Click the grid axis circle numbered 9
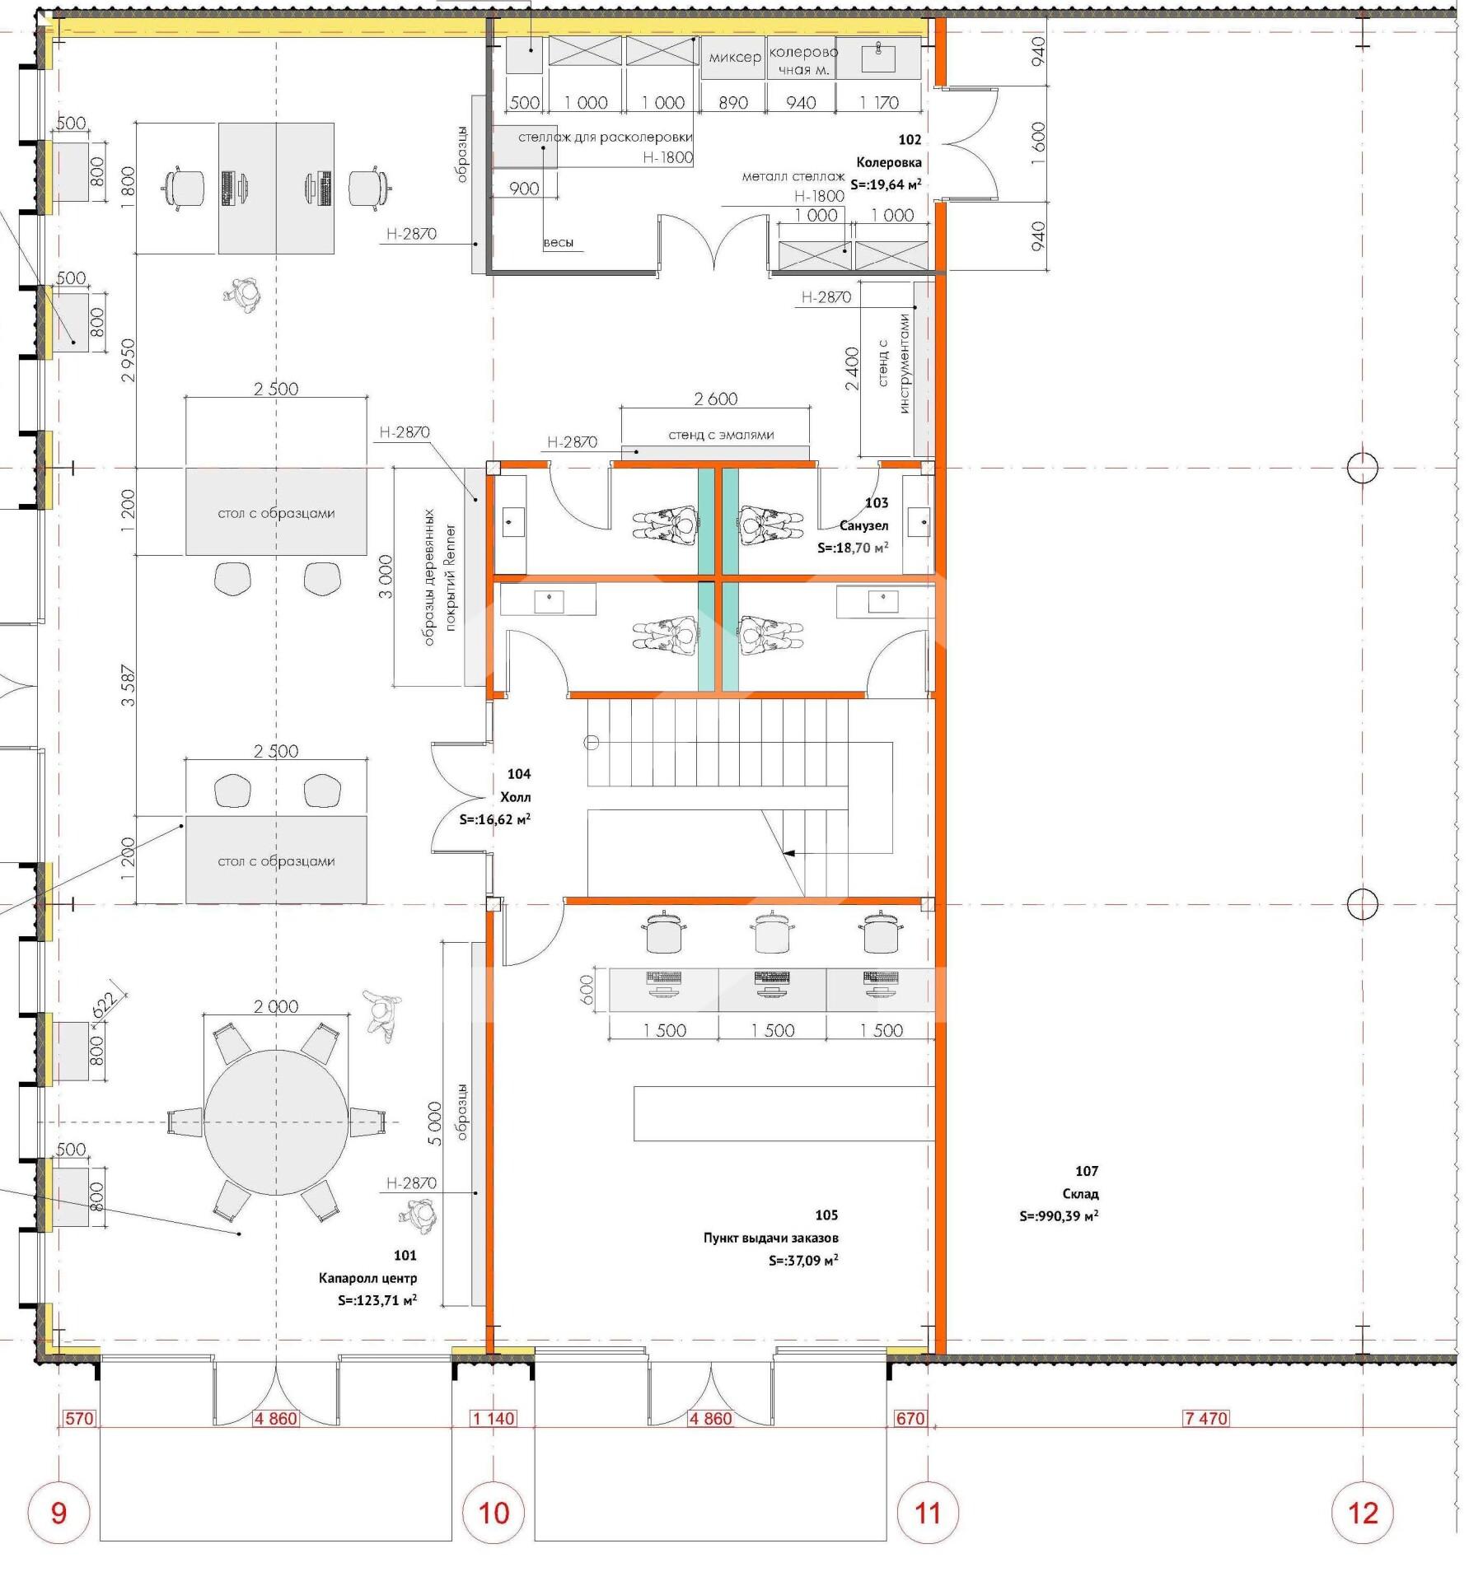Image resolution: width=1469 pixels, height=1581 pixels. click(58, 1513)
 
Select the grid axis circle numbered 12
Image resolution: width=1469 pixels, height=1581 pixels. click(1363, 1513)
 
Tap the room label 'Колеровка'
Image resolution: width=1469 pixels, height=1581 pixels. click(888, 162)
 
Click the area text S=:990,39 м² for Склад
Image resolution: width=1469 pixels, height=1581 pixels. click(1059, 1216)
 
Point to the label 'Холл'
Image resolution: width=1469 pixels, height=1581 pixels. click(516, 797)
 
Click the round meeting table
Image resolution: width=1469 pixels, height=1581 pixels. click(276, 1122)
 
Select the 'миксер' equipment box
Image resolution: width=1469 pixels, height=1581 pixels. click(733, 58)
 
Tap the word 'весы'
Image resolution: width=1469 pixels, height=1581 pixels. click(559, 242)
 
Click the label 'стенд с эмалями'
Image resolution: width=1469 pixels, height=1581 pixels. click(721, 435)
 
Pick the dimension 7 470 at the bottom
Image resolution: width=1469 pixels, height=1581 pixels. click(1206, 1419)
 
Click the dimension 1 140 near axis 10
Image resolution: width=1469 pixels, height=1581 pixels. click(494, 1419)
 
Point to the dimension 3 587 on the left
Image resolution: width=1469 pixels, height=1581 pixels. click(128, 686)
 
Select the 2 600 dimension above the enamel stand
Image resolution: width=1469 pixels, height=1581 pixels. click(715, 399)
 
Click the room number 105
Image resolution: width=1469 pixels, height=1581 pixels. click(826, 1215)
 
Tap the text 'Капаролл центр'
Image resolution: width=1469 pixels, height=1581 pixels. click(367, 1278)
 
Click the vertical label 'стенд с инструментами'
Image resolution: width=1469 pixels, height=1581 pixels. click(894, 363)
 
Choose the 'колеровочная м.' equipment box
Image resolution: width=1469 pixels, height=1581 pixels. click(801, 58)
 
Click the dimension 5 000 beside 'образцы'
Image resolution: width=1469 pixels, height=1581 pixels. click(435, 1123)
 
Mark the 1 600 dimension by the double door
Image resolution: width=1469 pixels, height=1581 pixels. click(1038, 143)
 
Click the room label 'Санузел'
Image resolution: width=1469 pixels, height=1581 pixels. click(864, 525)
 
